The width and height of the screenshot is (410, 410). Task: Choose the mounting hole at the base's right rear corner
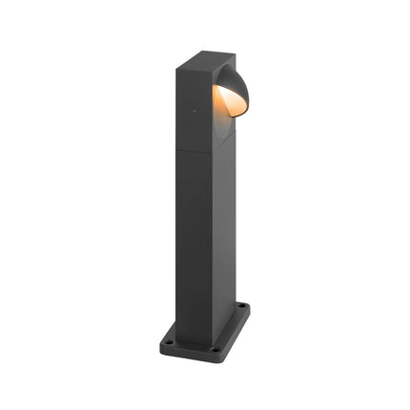tap(242, 307)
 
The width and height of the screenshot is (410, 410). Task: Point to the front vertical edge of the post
tap(209, 238)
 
